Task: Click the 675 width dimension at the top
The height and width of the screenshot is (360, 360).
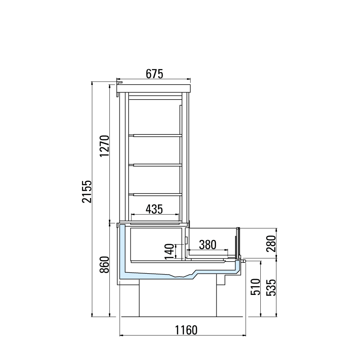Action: [x=154, y=74]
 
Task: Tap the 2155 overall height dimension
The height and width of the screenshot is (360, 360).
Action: [x=87, y=192]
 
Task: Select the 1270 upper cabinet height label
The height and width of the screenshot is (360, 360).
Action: [x=104, y=146]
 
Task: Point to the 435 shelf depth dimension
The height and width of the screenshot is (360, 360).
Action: [x=154, y=209]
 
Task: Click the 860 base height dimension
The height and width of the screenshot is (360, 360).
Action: [x=104, y=264]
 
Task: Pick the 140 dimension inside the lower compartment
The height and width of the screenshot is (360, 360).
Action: [x=170, y=252]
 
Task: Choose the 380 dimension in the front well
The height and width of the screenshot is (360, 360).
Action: [x=208, y=245]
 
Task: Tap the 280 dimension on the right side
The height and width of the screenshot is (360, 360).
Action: [x=271, y=244]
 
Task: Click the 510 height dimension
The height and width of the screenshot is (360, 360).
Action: [x=256, y=287]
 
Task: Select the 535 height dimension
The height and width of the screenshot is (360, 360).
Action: [x=271, y=288]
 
